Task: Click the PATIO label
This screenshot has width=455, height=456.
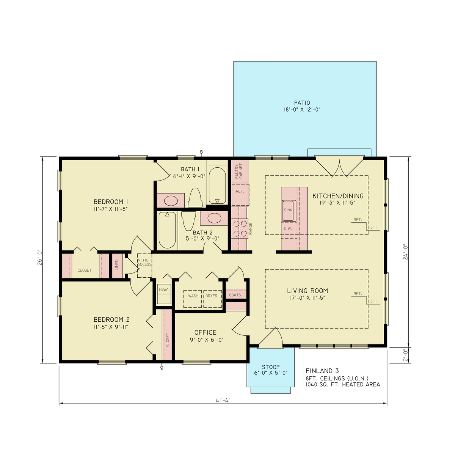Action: click(302, 103)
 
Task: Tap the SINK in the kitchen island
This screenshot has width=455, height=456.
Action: click(288, 210)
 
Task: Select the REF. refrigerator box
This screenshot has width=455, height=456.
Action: click(240, 192)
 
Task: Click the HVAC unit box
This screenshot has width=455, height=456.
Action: click(164, 294)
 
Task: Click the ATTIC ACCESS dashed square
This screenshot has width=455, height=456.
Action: click(144, 262)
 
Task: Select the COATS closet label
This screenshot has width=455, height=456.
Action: click(235, 295)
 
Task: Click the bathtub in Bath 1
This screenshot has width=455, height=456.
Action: click(217, 186)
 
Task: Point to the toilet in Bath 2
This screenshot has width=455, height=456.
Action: click(188, 220)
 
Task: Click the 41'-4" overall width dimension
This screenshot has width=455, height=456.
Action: click(223, 400)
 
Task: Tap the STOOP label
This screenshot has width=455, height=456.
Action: click(271, 367)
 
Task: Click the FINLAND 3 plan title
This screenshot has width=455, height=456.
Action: click(322, 371)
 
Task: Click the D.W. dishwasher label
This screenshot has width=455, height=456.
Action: click(287, 229)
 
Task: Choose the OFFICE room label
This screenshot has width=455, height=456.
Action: click(205, 332)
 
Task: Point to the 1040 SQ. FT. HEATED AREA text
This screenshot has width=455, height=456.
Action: click(342, 384)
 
